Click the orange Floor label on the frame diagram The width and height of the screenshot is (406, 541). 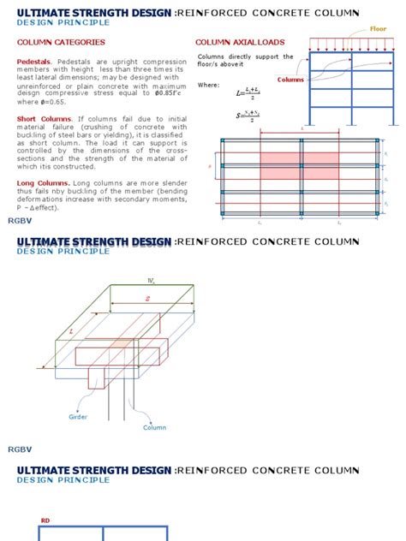[x=378, y=29]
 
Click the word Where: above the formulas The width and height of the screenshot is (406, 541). [x=208, y=85]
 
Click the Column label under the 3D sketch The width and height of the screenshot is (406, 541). [x=154, y=427]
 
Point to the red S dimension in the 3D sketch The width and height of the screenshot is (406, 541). [x=147, y=300]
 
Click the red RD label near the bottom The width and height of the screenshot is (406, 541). [x=45, y=520]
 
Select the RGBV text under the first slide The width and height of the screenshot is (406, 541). [x=19, y=221]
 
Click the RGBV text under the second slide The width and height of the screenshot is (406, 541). [x=19, y=449]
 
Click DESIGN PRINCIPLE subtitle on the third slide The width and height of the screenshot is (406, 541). [x=63, y=480]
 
